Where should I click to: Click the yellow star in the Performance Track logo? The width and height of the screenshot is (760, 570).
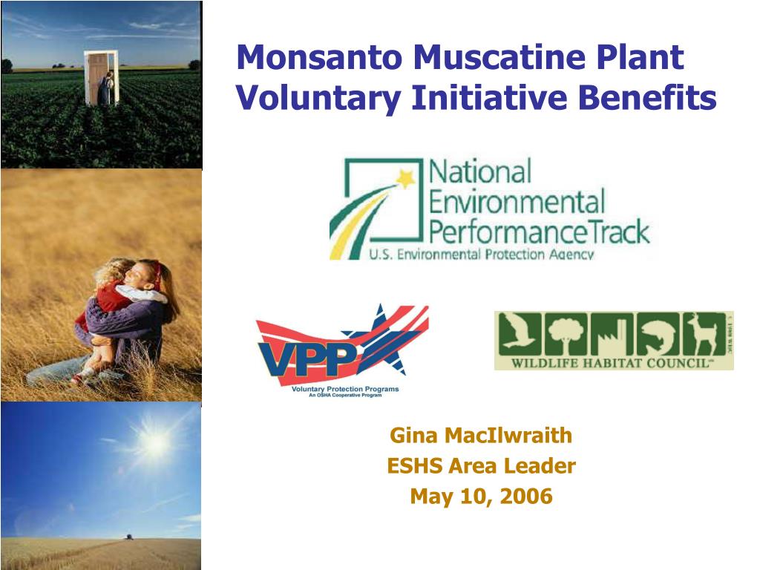coord(406,178)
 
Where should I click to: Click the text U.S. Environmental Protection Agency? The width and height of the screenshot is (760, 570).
coord(482,255)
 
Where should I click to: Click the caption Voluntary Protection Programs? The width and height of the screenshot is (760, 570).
coord(345,390)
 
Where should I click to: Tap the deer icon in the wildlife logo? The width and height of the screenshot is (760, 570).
coord(703,333)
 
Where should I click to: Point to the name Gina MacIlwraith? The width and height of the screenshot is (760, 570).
coord(481,436)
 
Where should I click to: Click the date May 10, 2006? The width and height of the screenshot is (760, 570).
coord(481,496)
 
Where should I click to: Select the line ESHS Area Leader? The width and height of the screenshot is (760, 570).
coord(481,466)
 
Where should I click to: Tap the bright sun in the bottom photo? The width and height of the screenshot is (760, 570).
coord(154,443)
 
